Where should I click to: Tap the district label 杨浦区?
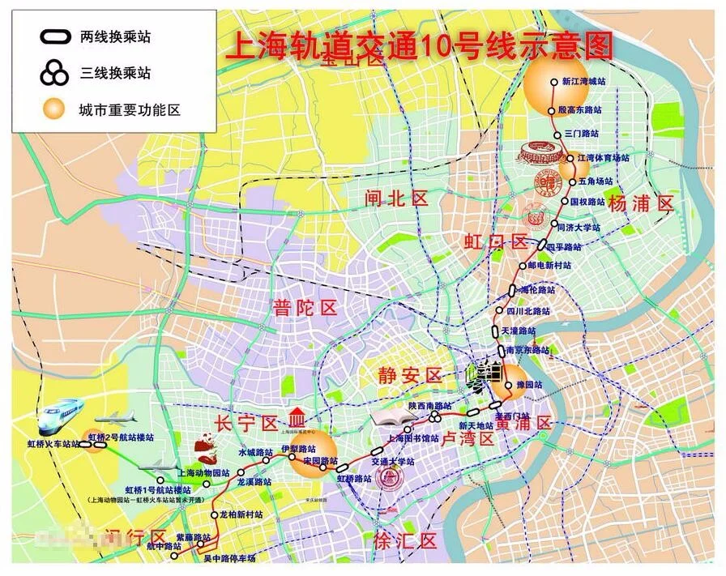tap(641, 203)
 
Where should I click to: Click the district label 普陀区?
tap(305, 308)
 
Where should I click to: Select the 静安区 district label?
tap(410, 375)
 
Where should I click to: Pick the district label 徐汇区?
tap(406, 541)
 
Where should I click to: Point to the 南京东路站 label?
tap(527, 351)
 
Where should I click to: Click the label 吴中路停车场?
tap(229, 558)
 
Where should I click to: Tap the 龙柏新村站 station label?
tap(241, 514)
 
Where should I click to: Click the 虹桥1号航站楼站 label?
tap(157, 490)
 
